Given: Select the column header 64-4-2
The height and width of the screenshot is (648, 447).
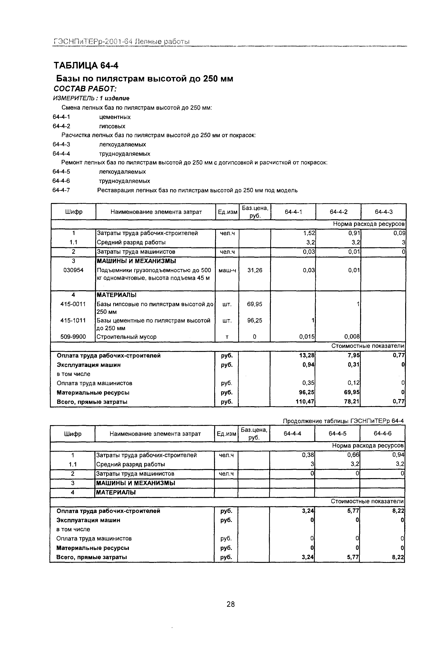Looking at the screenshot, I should (x=338, y=212).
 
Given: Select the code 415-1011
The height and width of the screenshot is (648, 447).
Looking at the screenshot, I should (x=73, y=320).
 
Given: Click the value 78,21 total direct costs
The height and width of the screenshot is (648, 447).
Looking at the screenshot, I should (x=352, y=402).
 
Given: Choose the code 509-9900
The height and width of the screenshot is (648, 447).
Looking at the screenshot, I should (x=73, y=337).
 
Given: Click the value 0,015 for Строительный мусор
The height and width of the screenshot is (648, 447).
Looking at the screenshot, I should (x=307, y=337).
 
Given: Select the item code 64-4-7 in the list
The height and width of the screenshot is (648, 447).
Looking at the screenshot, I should (x=61, y=190).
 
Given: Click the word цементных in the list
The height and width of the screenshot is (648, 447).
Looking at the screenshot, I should (x=114, y=117).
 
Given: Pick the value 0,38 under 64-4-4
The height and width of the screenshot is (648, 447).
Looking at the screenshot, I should (x=308, y=455).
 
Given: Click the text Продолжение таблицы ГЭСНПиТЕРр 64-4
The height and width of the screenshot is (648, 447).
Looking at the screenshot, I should (x=343, y=421).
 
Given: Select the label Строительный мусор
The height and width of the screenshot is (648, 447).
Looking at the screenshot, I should (x=126, y=337).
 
